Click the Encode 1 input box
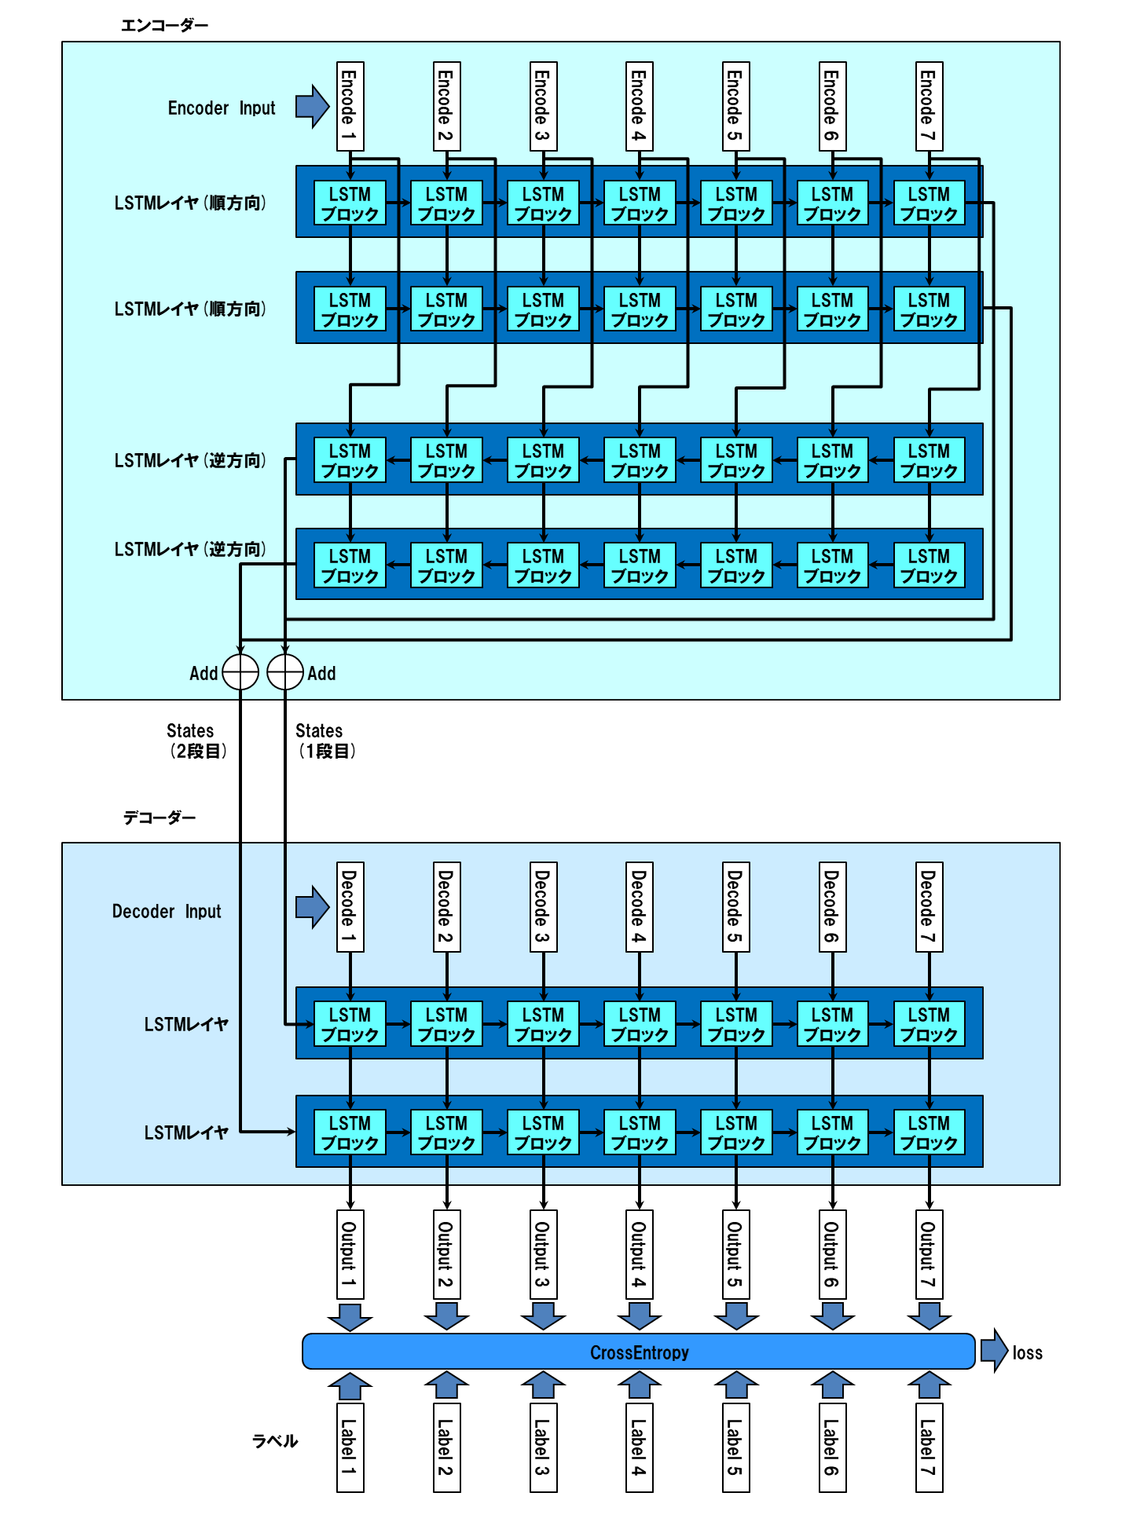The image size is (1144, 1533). [x=350, y=106]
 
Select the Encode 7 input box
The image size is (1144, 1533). [x=929, y=106]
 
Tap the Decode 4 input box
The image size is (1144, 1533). [x=639, y=907]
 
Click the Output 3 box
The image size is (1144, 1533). [x=543, y=1254]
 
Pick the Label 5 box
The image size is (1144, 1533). [x=735, y=1447]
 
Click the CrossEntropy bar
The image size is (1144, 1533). [x=639, y=1352]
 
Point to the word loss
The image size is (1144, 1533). [x=1027, y=1353]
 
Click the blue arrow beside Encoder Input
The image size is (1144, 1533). [x=312, y=106]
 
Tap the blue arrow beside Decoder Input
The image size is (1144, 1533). [x=312, y=907]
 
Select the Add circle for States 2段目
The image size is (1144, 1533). [x=240, y=672]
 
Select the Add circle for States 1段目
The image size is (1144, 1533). [x=285, y=672]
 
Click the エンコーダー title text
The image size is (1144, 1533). [x=164, y=25]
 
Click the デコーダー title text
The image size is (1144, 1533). [x=159, y=818]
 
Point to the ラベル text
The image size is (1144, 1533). [x=275, y=1441]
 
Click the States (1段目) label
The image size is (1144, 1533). [x=325, y=741]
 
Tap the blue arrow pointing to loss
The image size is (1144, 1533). [x=993, y=1351]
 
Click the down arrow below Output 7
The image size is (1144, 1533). [x=929, y=1316]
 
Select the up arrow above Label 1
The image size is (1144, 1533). [x=350, y=1387]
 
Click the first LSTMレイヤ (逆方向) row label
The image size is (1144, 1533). [x=190, y=460]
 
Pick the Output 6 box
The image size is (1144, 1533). [x=832, y=1254]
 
